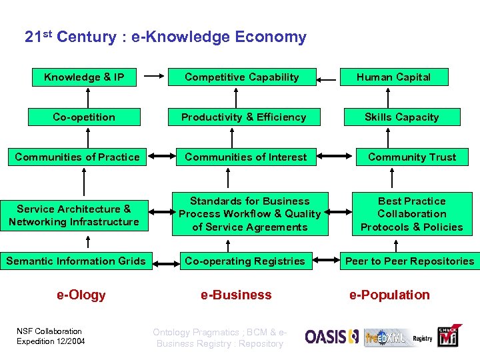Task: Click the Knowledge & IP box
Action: pos(84,77)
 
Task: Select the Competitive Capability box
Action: pos(241,77)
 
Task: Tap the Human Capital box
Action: pos(393,77)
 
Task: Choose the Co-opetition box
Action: pos(84,117)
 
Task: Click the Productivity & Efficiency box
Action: pos(244,117)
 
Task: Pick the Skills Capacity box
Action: pos(401,117)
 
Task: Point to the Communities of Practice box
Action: pos(77,157)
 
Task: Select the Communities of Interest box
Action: pos(245,157)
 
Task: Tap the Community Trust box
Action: pos(412,157)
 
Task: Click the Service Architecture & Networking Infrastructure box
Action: pos(74,215)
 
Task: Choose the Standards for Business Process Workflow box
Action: pos(250,214)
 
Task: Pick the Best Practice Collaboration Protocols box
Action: pos(411,214)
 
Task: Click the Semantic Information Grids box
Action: pos(76,261)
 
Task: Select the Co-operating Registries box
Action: pos(245,261)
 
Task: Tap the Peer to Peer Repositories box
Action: pos(409,261)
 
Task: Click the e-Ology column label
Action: pos(81,295)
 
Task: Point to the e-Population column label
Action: pos(390,295)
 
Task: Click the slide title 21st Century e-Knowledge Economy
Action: pos(165,37)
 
